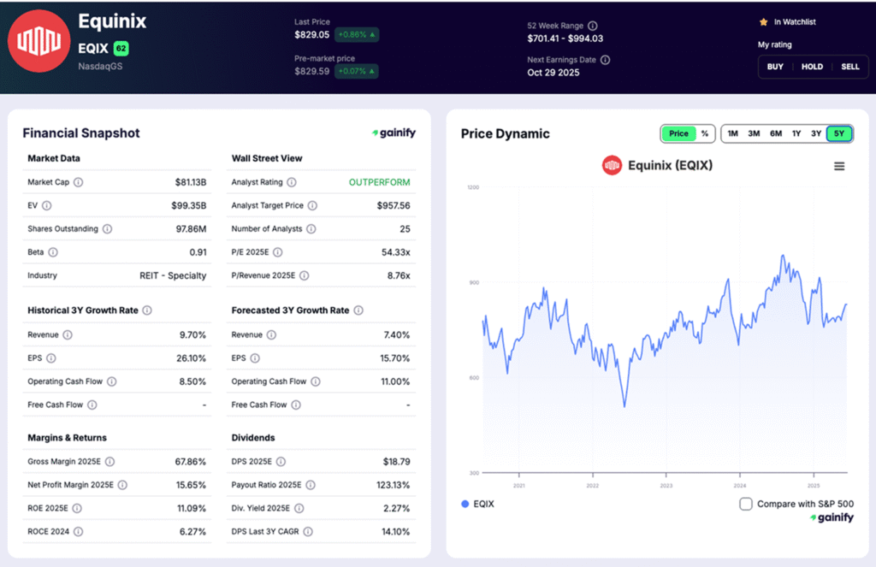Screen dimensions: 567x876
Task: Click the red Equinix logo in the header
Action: (38, 41)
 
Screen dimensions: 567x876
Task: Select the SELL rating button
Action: (849, 67)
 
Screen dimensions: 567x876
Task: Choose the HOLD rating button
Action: (812, 67)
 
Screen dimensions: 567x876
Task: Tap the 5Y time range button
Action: (839, 133)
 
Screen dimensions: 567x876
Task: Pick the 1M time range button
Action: (733, 133)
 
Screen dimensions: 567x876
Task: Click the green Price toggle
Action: (678, 133)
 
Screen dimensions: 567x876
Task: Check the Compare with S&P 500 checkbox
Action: (746, 504)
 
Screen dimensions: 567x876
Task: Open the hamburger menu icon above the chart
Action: (839, 166)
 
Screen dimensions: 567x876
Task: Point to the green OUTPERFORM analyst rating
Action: (379, 182)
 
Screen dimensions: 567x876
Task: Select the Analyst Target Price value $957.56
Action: (393, 205)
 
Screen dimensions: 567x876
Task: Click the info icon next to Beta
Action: (53, 252)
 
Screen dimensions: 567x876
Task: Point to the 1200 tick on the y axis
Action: (473, 187)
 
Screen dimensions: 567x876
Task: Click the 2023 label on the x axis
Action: (666, 485)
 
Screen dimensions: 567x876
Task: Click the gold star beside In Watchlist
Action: (763, 21)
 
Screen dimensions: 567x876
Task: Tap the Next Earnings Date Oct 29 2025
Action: (553, 73)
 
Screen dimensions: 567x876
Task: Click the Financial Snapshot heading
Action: (81, 133)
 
